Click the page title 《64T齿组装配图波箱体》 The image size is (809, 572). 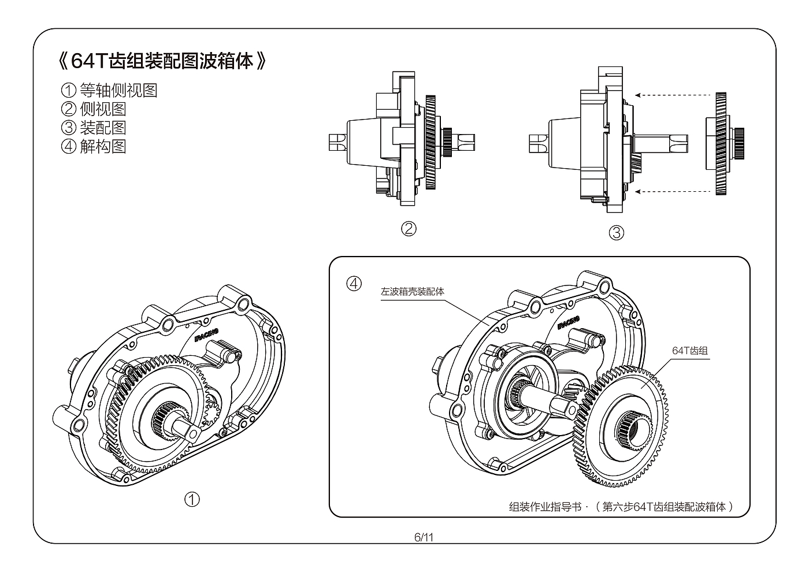[162, 61]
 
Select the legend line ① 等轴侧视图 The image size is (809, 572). [109, 90]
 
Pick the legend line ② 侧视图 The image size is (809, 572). [94, 109]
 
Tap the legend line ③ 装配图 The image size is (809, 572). [94, 127]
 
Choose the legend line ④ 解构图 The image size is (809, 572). [94, 146]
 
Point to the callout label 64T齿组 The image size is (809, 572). [690, 350]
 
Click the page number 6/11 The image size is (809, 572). [424, 537]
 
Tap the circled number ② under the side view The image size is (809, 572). [409, 229]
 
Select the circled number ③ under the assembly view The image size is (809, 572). [617, 232]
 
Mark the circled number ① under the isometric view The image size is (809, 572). [192, 499]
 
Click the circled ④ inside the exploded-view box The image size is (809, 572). [354, 284]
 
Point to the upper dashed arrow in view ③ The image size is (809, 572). [673, 95]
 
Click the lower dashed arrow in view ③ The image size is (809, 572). [673, 191]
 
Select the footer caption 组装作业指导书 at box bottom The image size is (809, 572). [544, 507]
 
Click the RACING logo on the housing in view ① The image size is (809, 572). [206, 333]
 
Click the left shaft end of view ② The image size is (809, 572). [336, 142]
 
